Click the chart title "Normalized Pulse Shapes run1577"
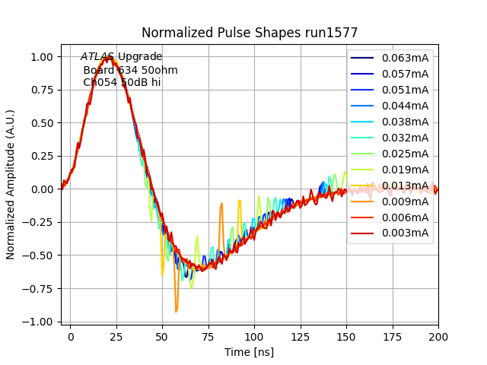[x=250, y=33]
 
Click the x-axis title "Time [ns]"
[x=249, y=352]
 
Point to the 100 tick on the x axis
[x=254, y=335]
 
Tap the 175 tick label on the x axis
[x=393, y=335]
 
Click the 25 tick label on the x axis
[x=116, y=335]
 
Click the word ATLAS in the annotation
[x=97, y=57]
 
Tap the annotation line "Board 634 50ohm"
[x=130, y=70]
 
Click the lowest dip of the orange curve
[x=177, y=311]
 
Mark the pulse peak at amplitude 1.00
[x=108, y=56]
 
